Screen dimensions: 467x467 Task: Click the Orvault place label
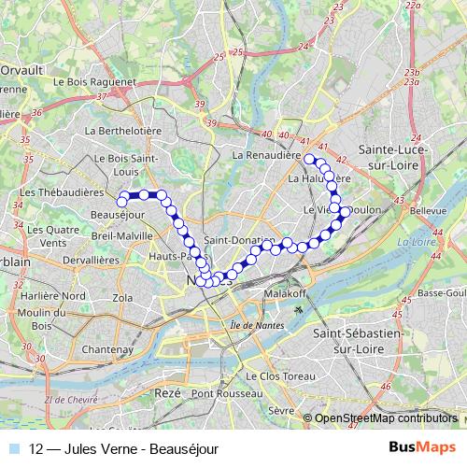(x=22, y=69)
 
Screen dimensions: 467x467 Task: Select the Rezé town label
(x=169, y=395)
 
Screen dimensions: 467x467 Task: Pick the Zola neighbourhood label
(x=122, y=297)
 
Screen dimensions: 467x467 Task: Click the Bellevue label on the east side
(x=428, y=212)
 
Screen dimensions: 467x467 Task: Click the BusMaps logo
(x=422, y=447)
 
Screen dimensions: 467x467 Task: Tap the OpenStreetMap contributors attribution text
(x=387, y=418)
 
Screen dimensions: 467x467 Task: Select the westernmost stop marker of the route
(x=121, y=200)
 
